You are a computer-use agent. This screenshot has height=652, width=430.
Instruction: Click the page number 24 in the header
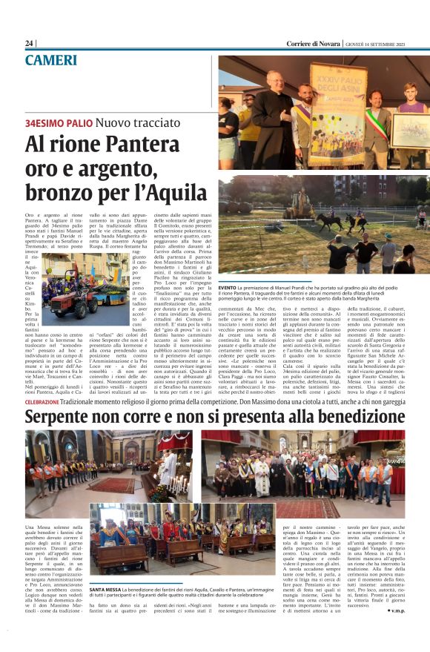[30, 44]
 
